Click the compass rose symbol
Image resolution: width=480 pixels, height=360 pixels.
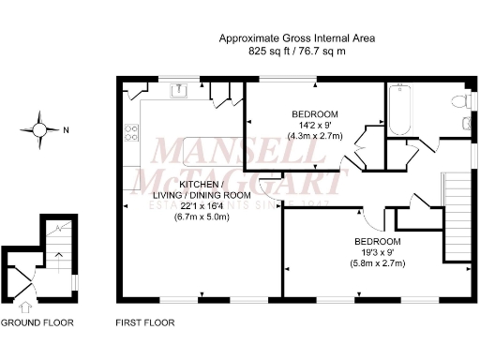[39, 129]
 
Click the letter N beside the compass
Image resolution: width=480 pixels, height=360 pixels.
[65, 130]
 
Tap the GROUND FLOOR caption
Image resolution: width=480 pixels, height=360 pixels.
[37, 323]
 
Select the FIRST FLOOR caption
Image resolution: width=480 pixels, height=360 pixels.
[145, 323]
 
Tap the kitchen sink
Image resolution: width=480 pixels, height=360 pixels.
[178, 91]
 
